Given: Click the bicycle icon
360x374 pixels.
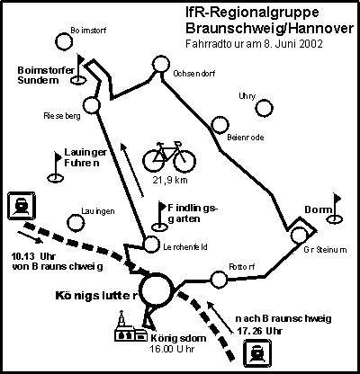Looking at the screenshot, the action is [x=169, y=157].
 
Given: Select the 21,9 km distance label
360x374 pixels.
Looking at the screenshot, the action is [x=170, y=180].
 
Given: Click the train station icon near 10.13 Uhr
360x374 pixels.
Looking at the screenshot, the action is [x=22, y=205].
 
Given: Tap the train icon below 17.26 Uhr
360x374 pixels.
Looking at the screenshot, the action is [x=257, y=353].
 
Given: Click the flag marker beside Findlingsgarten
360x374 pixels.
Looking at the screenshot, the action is [x=160, y=217].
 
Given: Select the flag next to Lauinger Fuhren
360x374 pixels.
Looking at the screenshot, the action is [x=56, y=167].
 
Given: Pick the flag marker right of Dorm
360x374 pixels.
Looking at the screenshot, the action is [x=335, y=209].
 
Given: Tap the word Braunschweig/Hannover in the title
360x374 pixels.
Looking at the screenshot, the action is [x=270, y=29].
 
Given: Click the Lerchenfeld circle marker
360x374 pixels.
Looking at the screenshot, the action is [x=151, y=245].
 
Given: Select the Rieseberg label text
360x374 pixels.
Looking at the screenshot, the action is [x=62, y=116].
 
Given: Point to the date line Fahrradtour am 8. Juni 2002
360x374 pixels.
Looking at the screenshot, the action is [x=254, y=44].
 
